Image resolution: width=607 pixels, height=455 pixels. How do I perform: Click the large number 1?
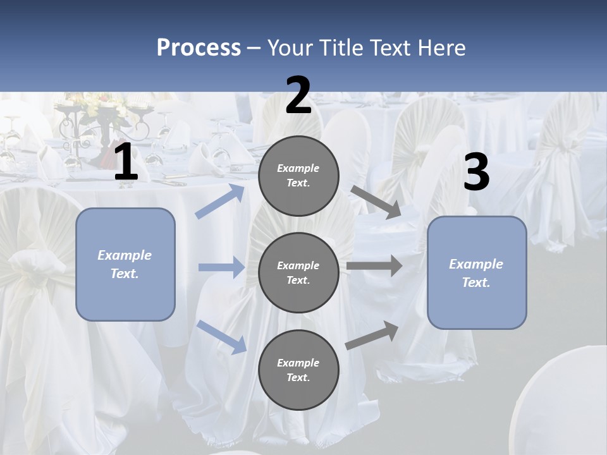click(x=126, y=162)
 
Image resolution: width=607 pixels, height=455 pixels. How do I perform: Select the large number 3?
click(x=476, y=173)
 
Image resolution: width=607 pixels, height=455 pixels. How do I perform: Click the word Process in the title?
click(x=199, y=48)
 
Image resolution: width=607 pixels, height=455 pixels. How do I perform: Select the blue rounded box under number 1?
click(x=125, y=264)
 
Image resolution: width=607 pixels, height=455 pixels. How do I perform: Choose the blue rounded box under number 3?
click(x=477, y=272)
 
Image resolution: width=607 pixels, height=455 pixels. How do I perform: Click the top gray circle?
click(x=298, y=176)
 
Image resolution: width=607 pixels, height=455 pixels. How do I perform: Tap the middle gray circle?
click(x=298, y=272)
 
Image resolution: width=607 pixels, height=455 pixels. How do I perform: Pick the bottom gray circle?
click(x=298, y=370)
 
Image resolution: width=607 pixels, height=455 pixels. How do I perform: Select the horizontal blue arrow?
click(x=221, y=267)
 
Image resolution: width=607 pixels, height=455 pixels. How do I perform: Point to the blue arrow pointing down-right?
click(x=221, y=336)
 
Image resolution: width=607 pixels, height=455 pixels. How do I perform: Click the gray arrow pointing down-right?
click(x=376, y=202)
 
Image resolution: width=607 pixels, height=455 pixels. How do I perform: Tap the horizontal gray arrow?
click(x=374, y=266)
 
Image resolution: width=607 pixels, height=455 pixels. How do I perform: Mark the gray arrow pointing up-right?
click(x=372, y=335)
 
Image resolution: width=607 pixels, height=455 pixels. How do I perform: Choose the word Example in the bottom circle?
click(x=298, y=363)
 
